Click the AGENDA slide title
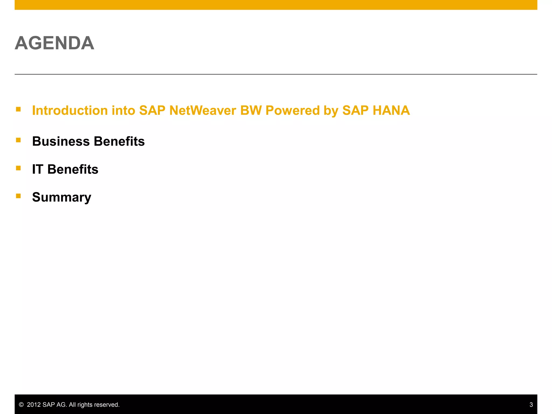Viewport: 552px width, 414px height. click(x=54, y=43)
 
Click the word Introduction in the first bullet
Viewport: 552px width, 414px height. click(x=70, y=111)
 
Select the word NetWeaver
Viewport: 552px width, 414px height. click(x=202, y=111)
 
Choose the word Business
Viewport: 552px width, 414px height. click(x=61, y=142)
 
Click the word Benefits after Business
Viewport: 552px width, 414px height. click(x=119, y=142)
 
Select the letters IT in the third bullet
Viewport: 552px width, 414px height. click(x=37, y=170)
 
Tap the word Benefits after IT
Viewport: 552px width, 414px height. click(x=73, y=170)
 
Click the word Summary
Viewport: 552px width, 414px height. click(x=61, y=197)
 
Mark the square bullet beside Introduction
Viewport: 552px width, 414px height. click(x=18, y=109)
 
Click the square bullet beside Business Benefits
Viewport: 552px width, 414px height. click(x=18, y=140)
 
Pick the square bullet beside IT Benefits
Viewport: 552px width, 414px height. click(x=18, y=168)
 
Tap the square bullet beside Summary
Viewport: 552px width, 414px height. click(x=18, y=196)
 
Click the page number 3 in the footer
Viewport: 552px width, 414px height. click(x=531, y=405)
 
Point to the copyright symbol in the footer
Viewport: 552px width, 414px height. click(x=21, y=405)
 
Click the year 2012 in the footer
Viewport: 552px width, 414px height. click(x=34, y=405)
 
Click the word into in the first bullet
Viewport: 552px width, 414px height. click(x=123, y=111)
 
